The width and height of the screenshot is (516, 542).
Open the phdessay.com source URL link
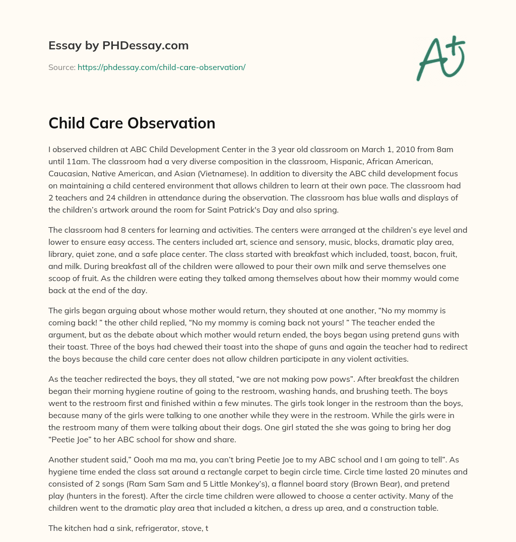tap(161, 67)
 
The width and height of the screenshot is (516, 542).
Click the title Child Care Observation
tap(132, 123)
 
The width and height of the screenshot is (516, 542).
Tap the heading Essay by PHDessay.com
tap(118, 45)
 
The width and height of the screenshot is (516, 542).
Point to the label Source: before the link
tap(61, 67)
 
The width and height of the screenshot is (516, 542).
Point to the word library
tap(62, 254)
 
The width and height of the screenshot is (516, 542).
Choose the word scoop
tap(61, 278)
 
